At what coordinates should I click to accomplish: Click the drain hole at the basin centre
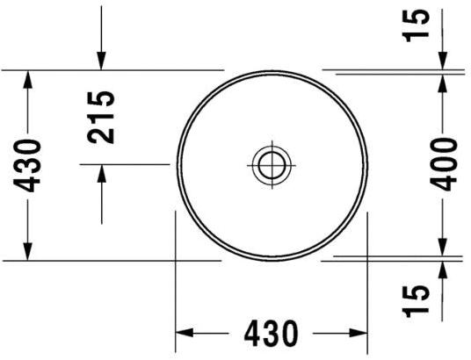tap(271, 163)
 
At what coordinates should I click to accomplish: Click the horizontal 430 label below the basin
tap(272, 334)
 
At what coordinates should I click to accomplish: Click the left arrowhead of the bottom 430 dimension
tap(184, 334)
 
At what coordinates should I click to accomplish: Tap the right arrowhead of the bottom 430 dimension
tap(359, 334)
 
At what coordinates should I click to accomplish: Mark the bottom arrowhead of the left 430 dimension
tap(29, 253)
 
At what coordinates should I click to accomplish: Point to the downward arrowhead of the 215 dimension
tap(103, 61)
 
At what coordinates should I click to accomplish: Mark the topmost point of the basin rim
tap(271, 68)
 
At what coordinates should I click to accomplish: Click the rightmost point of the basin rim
tap(366, 164)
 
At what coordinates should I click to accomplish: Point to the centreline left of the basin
tap(123, 164)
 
